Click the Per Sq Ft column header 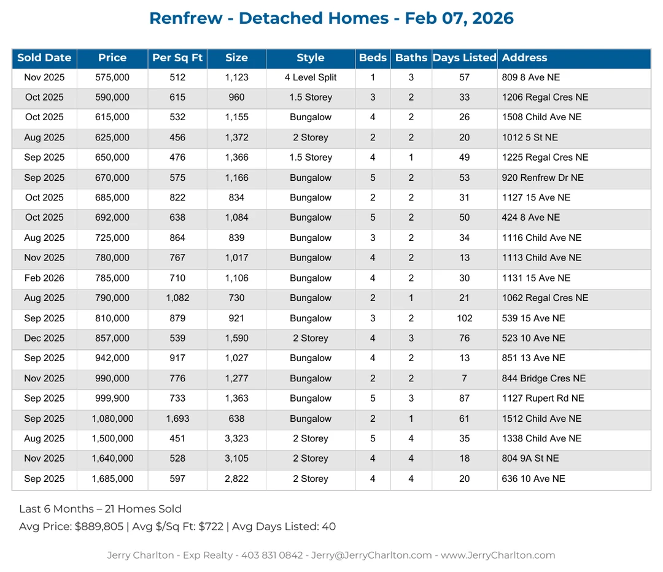coord(177,58)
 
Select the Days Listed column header coord(464,58)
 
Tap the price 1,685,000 coord(112,479)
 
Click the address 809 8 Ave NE coord(530,77)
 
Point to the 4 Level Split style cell coord(311,77)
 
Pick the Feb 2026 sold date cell coord(44,278)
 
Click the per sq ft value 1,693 coord(177,419)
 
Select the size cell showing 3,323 coord(236,438)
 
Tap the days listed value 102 coord(464,318)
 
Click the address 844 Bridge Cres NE coord(543,378)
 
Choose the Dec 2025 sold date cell coord(44,338)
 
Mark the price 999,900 coord(112,398)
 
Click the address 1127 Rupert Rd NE coord(543,398)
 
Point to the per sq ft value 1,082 coord(177,298)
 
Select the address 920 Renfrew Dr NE coord(543,178)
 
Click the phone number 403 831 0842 coord(272,555)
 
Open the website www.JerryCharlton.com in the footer coord(498,555)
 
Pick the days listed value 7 coord(464,378)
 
